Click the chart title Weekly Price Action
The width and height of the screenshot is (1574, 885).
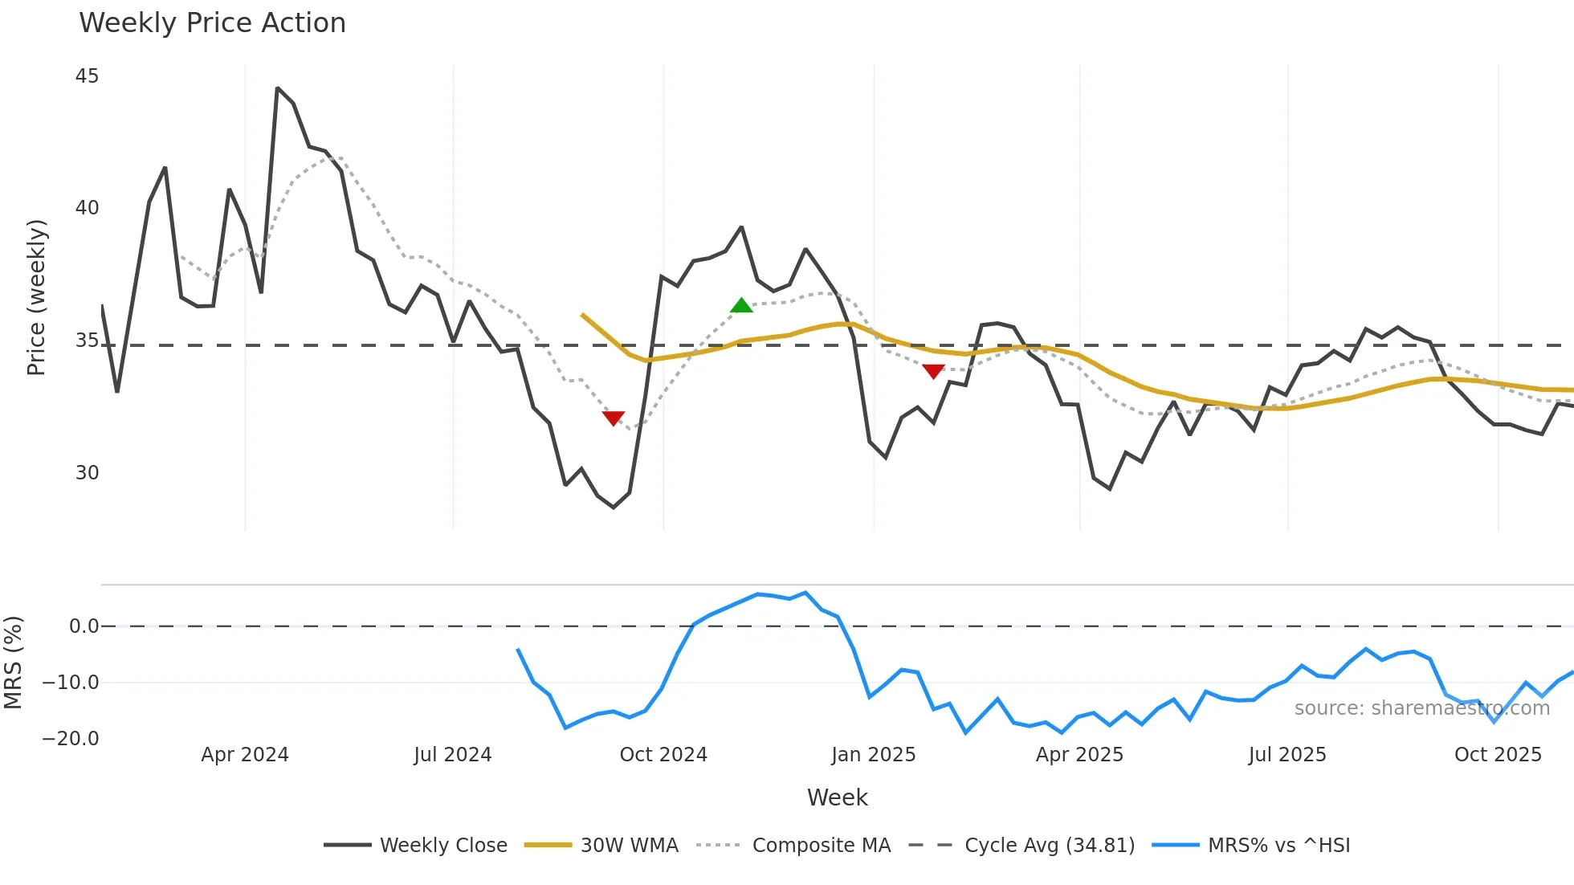[x=212, y=23]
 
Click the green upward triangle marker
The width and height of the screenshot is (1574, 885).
[x=741, y=305]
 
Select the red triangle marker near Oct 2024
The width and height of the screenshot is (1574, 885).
[x=613, y=418]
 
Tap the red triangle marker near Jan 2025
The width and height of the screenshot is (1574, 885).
[x=933, y=371]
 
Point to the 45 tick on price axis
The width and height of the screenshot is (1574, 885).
[x=87, y=76]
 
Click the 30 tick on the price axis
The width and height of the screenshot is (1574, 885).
[x=87, y=473]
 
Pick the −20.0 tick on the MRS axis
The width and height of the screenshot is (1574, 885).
[x=71, y=739]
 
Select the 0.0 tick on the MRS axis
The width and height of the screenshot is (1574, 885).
[x=84, y=626]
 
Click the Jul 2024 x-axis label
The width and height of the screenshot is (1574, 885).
[x=452, y=755]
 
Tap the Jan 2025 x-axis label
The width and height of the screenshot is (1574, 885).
[x=873, y=755]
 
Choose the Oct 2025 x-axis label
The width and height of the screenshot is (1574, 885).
[x=1498, y=755]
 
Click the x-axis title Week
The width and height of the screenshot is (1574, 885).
[x=837, y=797]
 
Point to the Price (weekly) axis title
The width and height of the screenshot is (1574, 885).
[x=36, y=297]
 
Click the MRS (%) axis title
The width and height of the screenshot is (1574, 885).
[x=13, y=663]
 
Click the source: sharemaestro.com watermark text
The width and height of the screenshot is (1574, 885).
[x=1421, y=708]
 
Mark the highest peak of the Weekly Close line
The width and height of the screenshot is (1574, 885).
[x=277, y=88]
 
